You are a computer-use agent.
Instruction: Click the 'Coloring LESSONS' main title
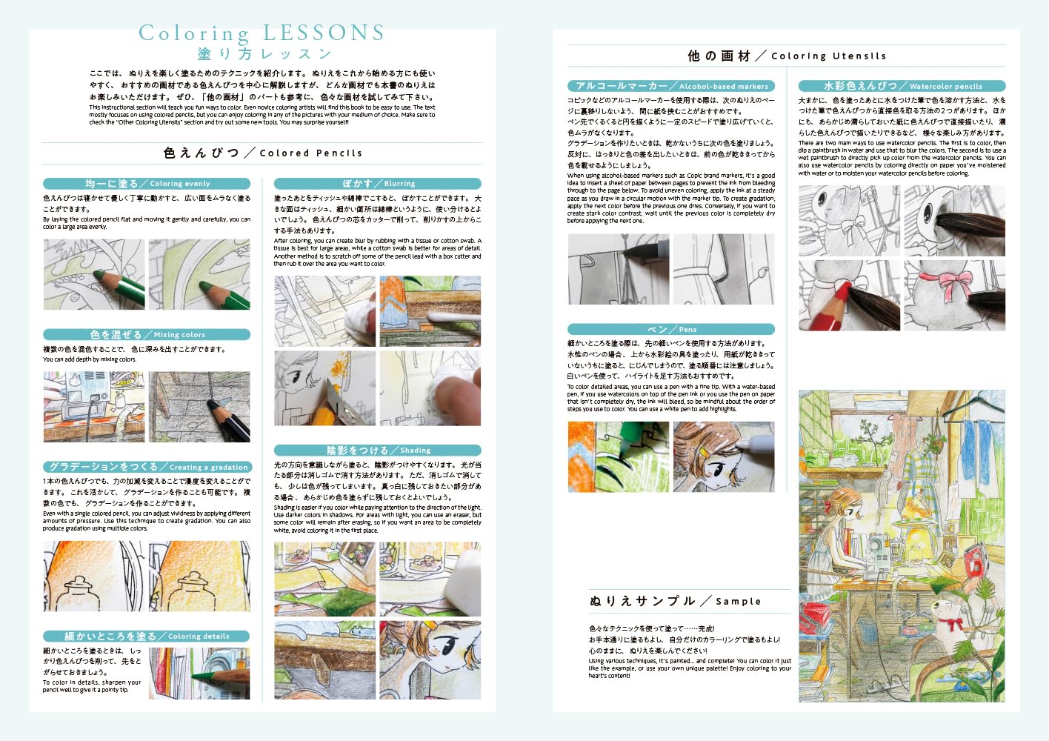pyautogui.click(x=262, y=33)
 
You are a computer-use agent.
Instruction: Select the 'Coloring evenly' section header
pyautogui.click(x=147, y=183)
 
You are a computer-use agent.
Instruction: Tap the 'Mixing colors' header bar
pyautogui.click(x=147, y=334)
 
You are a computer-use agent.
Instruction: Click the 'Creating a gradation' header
pyautogui.click(x=147, y=467)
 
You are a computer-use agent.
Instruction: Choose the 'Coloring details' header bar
pyautogui.click(x=147, y=636)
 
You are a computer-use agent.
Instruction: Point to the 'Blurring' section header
pyautogui.click(x=378, y=183)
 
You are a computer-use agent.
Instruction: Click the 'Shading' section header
pyautogui.click(x=378, y=450)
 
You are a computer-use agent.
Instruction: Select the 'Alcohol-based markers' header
pyautogui.click(x=671, y=86)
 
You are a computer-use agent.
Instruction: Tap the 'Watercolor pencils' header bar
pyautogui.click(x=902, y=86)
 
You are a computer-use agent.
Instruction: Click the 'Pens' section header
pyautogui.click(x=671, y=329)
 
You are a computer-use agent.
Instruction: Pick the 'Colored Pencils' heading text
pyautogui.click(x=262, y=153)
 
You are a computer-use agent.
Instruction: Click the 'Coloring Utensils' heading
pyautogui.click(x=787, y=56)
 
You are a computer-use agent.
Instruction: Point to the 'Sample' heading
pyautogui.click(x=675, y=601)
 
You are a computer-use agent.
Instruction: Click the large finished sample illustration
pyautogui.click(x=902, y=545)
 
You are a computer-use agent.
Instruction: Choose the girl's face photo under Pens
pyautogui.click(x=723, y=457)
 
